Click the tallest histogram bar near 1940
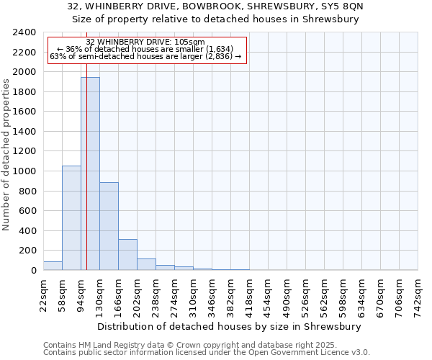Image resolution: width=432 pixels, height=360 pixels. (x=90, y=173)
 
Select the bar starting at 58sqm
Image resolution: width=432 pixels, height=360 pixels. (x=71, y=217)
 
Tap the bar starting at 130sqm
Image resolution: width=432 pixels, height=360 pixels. (x=109, y=226)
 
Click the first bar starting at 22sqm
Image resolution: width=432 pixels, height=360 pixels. (x=53, y=266)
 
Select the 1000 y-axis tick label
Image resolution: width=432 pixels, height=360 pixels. (x=24, y=171)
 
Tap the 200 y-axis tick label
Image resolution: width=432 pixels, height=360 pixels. (x=27, y=251)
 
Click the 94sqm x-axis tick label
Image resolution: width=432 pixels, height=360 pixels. (x=81, y=294)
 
